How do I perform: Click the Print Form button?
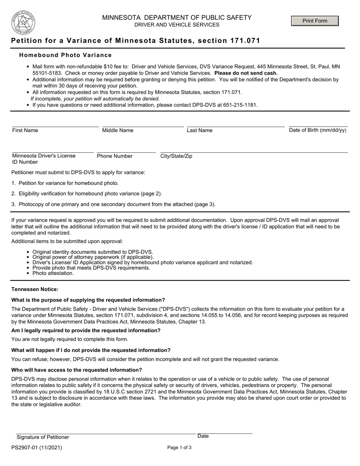click(315, 21)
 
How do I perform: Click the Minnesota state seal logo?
click(23, 23)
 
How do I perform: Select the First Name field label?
click(25, 130)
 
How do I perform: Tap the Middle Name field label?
click(118, 130)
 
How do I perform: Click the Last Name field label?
click(200, 130)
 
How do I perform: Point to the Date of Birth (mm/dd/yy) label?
click(318, 130)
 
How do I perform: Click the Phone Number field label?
click(115, 156)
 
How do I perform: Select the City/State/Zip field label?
click(176, 156)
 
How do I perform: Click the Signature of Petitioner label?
click(42, 437)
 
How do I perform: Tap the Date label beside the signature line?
click(203, 436)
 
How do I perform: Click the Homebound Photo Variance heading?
click(66, 55)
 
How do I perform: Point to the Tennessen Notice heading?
click(35, 289)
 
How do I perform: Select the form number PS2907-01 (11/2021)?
click(37, 447)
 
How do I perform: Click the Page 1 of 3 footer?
click(179, 447)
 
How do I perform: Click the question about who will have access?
click(77, 370)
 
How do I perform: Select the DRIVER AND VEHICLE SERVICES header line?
click(177, 25)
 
